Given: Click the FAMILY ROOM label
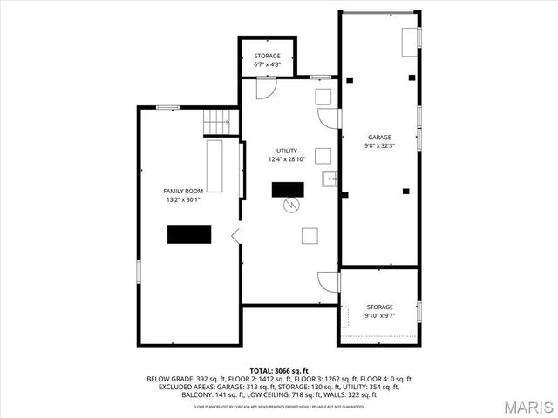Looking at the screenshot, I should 183,191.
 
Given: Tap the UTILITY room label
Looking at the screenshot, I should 287,151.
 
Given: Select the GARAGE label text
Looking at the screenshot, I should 379,137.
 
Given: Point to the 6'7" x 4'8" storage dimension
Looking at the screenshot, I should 267,64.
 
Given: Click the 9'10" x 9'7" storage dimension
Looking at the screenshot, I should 379,316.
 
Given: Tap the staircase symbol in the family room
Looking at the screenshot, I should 218,123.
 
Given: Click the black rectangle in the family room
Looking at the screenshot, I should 189,234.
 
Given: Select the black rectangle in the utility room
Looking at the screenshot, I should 288,189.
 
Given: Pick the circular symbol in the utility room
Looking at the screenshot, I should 293,206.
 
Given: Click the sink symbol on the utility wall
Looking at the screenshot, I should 330,179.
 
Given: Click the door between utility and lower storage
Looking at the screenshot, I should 329,281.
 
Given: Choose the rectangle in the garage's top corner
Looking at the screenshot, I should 409,40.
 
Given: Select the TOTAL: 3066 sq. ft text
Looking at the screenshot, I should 279,371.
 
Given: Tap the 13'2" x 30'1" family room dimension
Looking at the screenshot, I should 183,200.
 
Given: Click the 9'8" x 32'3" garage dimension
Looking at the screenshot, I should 379,146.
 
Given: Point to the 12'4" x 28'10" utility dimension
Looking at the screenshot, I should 287,160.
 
